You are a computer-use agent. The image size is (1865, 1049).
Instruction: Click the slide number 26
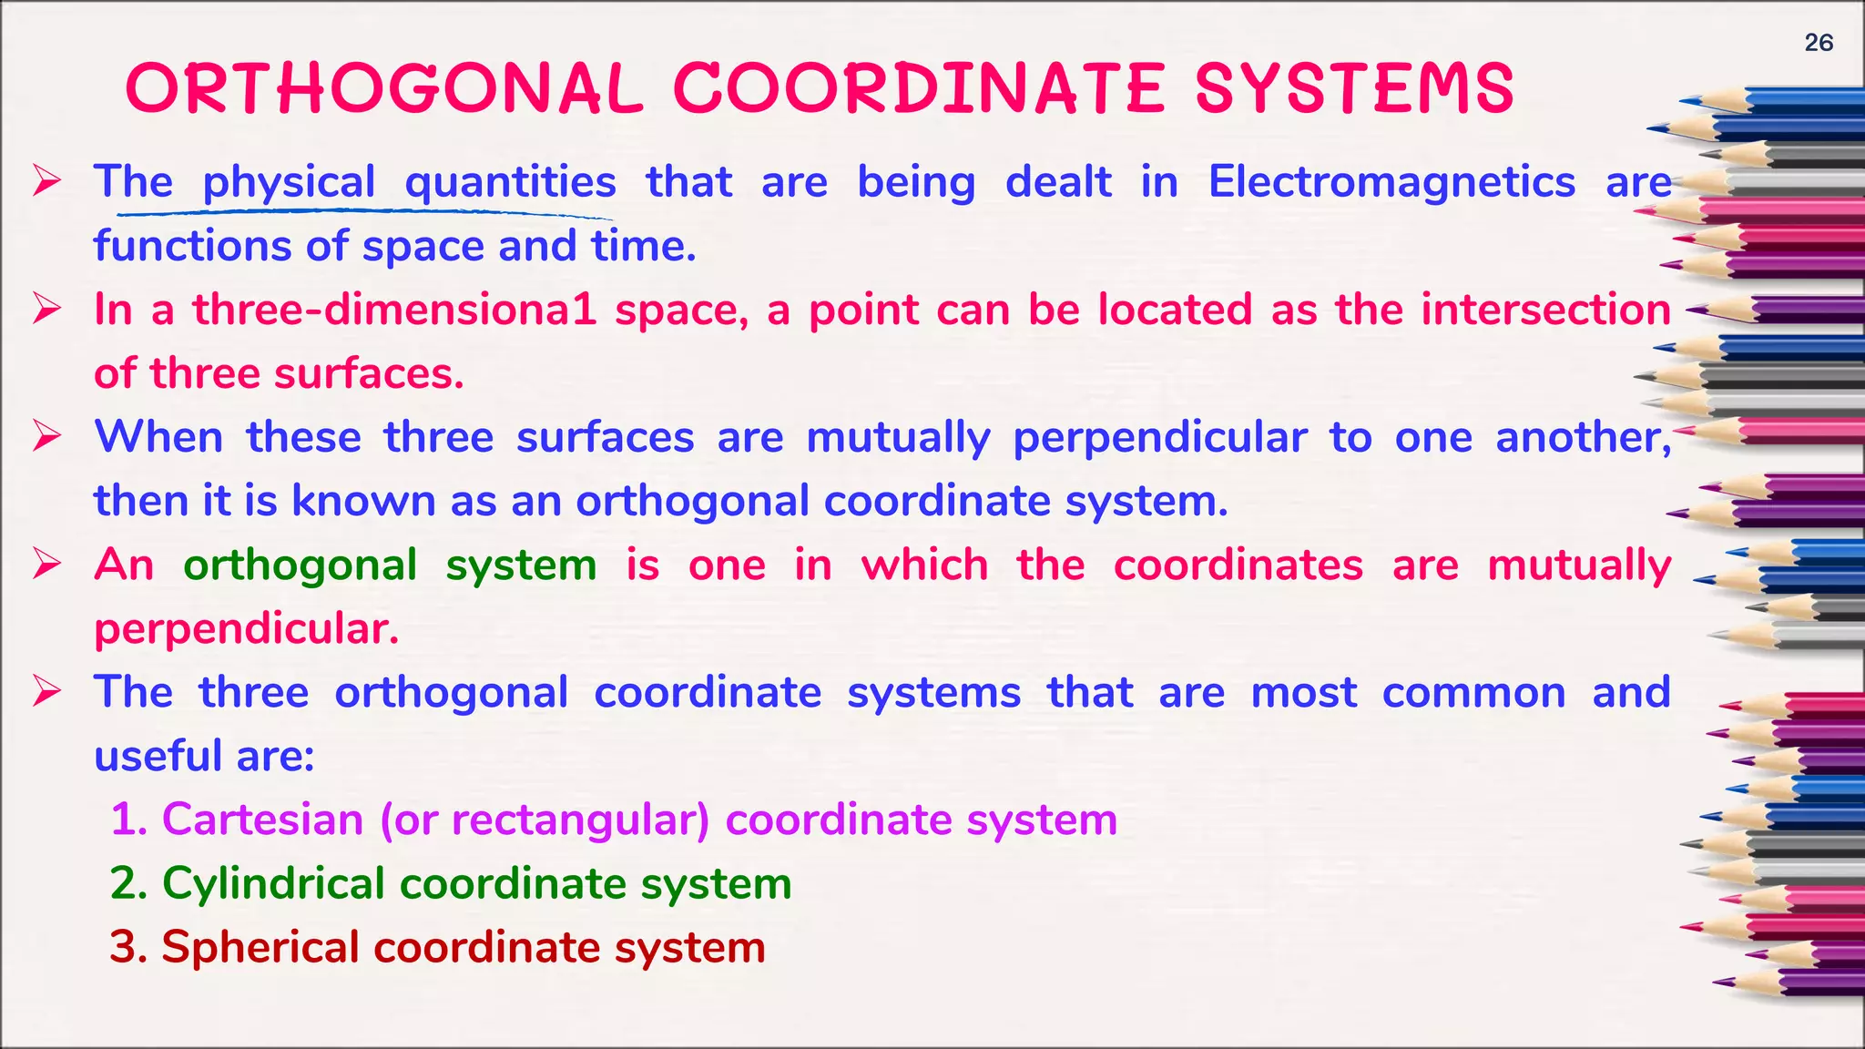[x=1818, y=43]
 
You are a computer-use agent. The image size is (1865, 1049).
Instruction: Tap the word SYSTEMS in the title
[x=1354, y=89]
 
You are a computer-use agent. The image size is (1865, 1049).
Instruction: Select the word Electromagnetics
[x=1391, y=181]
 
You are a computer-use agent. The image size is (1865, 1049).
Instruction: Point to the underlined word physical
[x=289, y=183]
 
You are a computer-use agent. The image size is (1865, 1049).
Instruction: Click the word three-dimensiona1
[x=394, y=310]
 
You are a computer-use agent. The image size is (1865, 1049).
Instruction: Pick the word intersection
[x=1545, y=310]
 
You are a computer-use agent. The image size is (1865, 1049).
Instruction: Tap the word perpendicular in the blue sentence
[x=1160, y=438]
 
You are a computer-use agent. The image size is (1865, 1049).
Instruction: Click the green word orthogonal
[x=301, y=565]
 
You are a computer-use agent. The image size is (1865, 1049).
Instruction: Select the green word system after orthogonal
[x=521, y=565]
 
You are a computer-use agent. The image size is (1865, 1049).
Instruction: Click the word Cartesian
[x=262, y=820]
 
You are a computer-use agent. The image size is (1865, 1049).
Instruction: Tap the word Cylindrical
[x=273, y=884]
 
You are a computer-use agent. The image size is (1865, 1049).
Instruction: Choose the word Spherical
[x=260, y=947]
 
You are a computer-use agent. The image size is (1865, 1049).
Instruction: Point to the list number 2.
[x=127, y=884]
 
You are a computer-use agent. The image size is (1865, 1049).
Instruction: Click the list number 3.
[x=127, y=948]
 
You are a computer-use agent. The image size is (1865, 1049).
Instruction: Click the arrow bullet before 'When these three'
[x=46, y=436]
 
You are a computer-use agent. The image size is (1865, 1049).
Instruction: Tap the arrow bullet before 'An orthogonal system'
[x=46, y=564]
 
